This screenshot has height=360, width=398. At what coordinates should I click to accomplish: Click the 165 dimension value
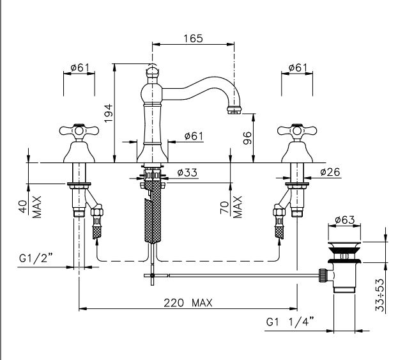click(x=193, y=38)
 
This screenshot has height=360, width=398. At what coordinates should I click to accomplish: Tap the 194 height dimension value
click(x=109, y=113)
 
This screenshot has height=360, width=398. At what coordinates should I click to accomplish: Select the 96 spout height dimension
click(x=247, y=138)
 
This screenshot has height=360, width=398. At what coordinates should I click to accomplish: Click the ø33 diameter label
click(x=187, y=173)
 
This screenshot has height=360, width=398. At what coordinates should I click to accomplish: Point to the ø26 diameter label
click(x=330, y=172)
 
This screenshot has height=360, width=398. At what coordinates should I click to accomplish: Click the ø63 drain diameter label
click(x=345, y=220)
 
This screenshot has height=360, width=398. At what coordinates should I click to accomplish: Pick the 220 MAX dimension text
click(x=188, y=303)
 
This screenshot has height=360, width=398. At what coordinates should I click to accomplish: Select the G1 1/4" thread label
click(x=290, y=322)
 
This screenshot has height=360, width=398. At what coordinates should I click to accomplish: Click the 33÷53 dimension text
click(x=380, y=295)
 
